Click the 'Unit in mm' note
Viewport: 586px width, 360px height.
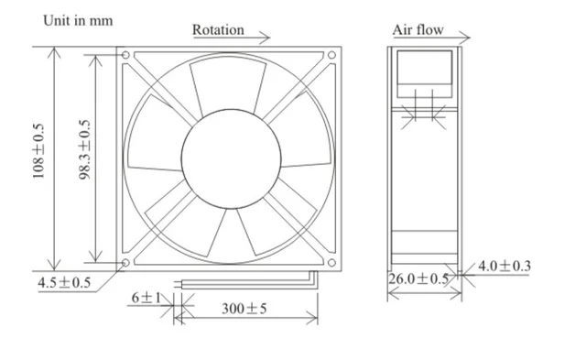(78, 20)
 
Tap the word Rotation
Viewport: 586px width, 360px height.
(218, 30)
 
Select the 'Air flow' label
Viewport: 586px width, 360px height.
(418, 30)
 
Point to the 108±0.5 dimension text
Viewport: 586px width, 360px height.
(38, 151)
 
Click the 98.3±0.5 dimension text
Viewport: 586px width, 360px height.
(84, 149)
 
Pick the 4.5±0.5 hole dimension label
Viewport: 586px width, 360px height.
(64, 283)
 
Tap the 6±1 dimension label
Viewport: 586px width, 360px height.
(146, 298)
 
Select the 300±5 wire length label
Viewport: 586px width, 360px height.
(244, 309)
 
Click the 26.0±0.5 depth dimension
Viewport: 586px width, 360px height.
(418, 278)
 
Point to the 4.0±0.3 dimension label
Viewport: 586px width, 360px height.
(505, 266)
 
